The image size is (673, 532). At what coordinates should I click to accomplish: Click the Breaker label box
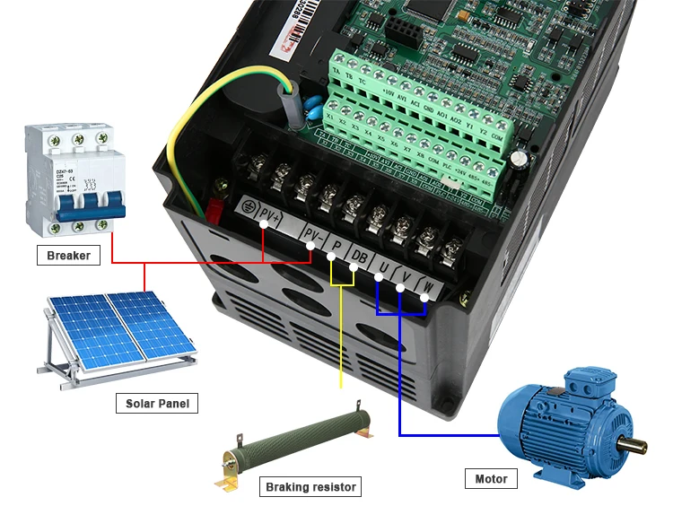(x=68, y=256)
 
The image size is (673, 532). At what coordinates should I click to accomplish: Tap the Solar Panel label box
(x=157, y=403)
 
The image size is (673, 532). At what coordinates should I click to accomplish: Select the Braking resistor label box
(x=310, y=487)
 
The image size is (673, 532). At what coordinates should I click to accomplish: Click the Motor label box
(x=491, y=478)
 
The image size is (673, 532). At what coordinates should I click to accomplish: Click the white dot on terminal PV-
(x=311, y=243)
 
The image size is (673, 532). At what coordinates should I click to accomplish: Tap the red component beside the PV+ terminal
(x=215, y=210)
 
